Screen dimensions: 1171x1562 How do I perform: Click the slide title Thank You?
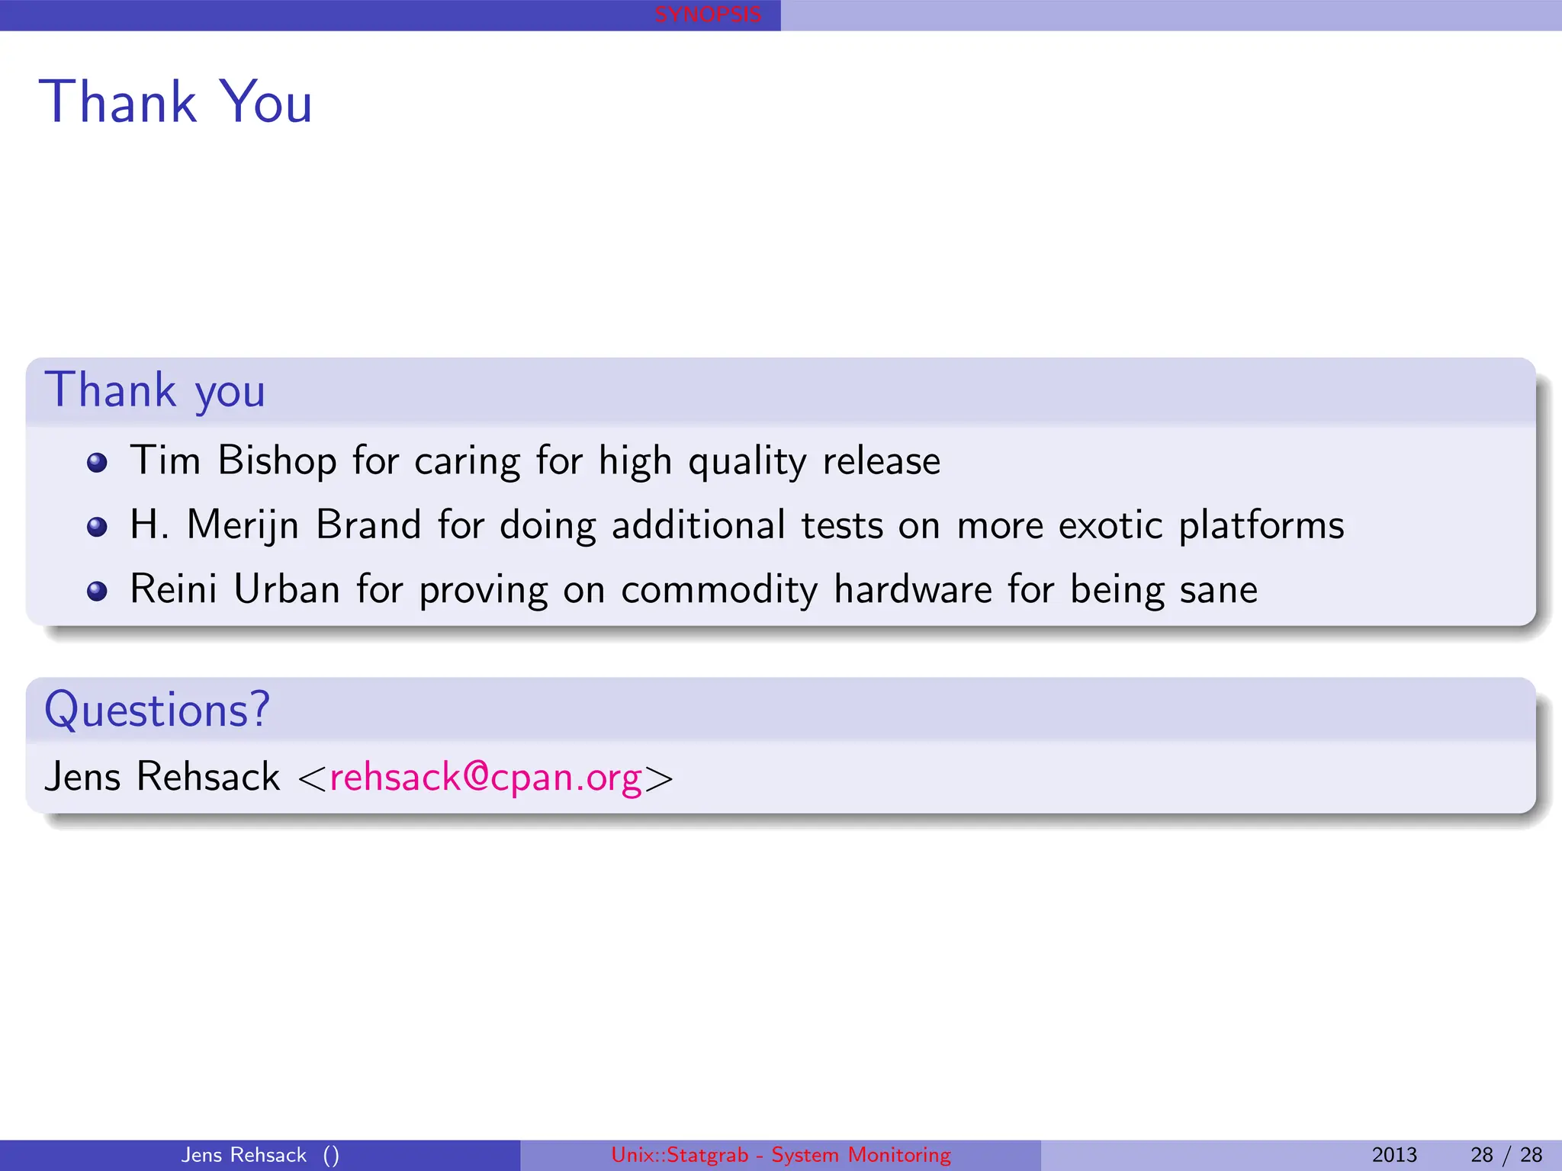[175, 102]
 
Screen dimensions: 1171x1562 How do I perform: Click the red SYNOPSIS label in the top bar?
[708, 14]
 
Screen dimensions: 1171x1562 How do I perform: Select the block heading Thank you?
[155, 390]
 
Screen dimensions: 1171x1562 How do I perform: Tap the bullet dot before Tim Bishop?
[97, 463]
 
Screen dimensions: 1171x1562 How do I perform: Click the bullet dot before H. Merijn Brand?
[97, 527]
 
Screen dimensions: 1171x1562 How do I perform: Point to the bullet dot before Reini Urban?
[97, 591]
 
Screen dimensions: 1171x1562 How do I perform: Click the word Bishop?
[277, 461]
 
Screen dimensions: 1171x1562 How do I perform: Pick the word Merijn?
[243, 526]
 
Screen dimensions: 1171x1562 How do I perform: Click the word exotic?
[1110, 526]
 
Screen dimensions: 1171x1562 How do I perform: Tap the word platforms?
[1261, 526]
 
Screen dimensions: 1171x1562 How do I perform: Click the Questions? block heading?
[157, 710]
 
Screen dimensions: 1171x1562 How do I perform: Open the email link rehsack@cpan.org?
[486, 778]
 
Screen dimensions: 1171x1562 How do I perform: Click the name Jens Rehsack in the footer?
[244, 1155]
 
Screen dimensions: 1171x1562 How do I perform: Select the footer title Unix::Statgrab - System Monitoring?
[781, 1155]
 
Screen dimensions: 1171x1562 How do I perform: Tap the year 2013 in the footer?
[1393, 1155]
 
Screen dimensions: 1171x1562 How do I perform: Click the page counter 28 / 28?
[1506, 1155]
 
